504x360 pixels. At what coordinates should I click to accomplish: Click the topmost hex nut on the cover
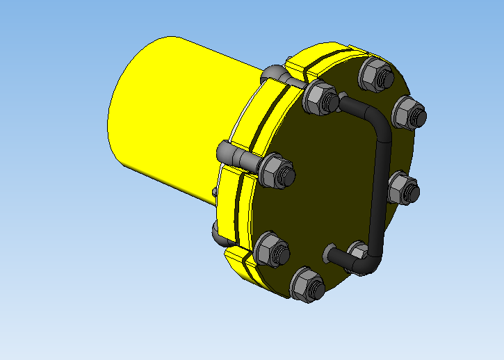pyautogui.click(x=374, y=73)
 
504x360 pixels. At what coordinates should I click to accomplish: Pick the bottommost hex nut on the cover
pyautogui.click(x=307, y=284)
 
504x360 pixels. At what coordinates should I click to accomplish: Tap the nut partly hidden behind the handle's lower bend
pyautogui.click(x=357, y=254)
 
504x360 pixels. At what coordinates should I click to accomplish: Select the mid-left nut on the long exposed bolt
pyautogui.click(x=277, y=172)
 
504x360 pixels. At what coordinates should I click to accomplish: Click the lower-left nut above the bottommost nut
pyautogui.click(x=270, y=249)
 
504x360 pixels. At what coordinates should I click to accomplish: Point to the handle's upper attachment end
pyautogui.click(x=346, y=104)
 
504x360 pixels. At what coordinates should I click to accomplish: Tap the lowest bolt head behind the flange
pyautogui.click(x=217, y=234)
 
